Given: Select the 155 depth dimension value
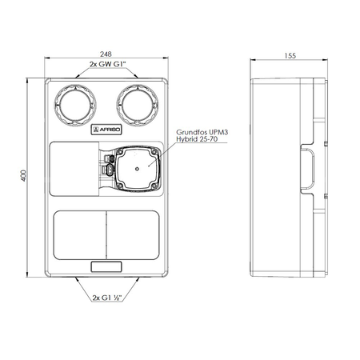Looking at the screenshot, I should click(290, 56).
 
